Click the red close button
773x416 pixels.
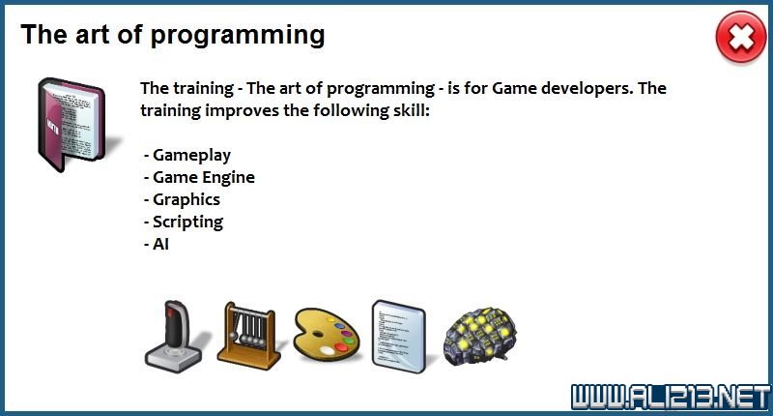(x=740, y=39)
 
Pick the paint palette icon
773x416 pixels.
(x=327, y=335)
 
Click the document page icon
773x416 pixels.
(x=398, y=334)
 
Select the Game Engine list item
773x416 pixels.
(x=202, y=177)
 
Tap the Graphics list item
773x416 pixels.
(x=186, y=199)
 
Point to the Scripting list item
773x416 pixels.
(x=186, y=222)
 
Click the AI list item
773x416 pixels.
(x=160, y=244)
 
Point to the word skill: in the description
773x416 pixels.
(x=407, y=110)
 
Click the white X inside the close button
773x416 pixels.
(x=740, y=39)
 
